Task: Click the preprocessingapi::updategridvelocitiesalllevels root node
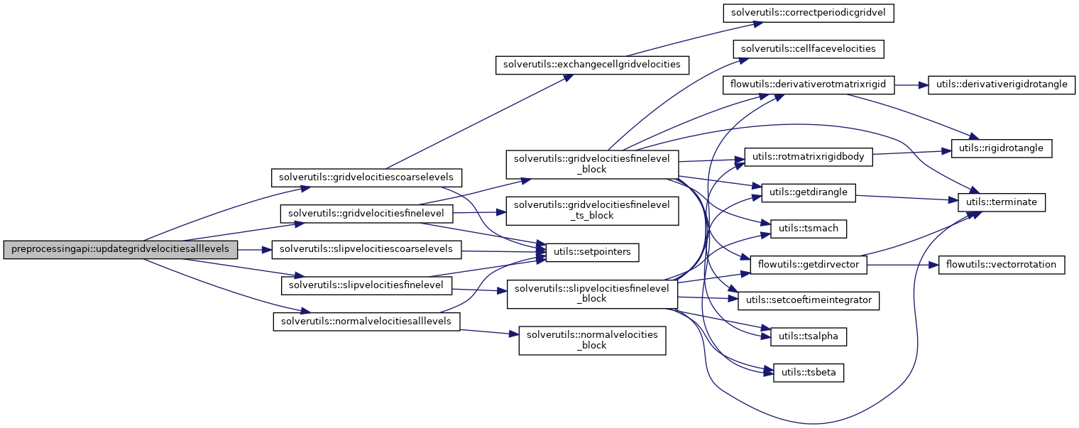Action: [120, 251]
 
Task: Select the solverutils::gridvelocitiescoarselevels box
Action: [367, 176]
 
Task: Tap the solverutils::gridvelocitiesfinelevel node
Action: [367, 213]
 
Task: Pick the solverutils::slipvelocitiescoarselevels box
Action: [367, 250]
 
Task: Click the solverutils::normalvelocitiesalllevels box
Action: [366, 321]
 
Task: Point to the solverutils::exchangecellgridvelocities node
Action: [591, 64]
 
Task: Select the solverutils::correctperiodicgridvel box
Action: [808, 13]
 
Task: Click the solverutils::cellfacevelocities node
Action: [808, 49]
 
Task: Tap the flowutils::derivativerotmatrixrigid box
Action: [808, 84]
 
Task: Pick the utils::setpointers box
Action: [592, 251]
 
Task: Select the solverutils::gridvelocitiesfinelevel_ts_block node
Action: [591, 210]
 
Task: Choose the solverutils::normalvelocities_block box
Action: [591, 340]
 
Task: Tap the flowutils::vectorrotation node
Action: [1001, 265]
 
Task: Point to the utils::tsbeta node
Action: [809, 372]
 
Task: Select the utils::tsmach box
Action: [809, 229]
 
